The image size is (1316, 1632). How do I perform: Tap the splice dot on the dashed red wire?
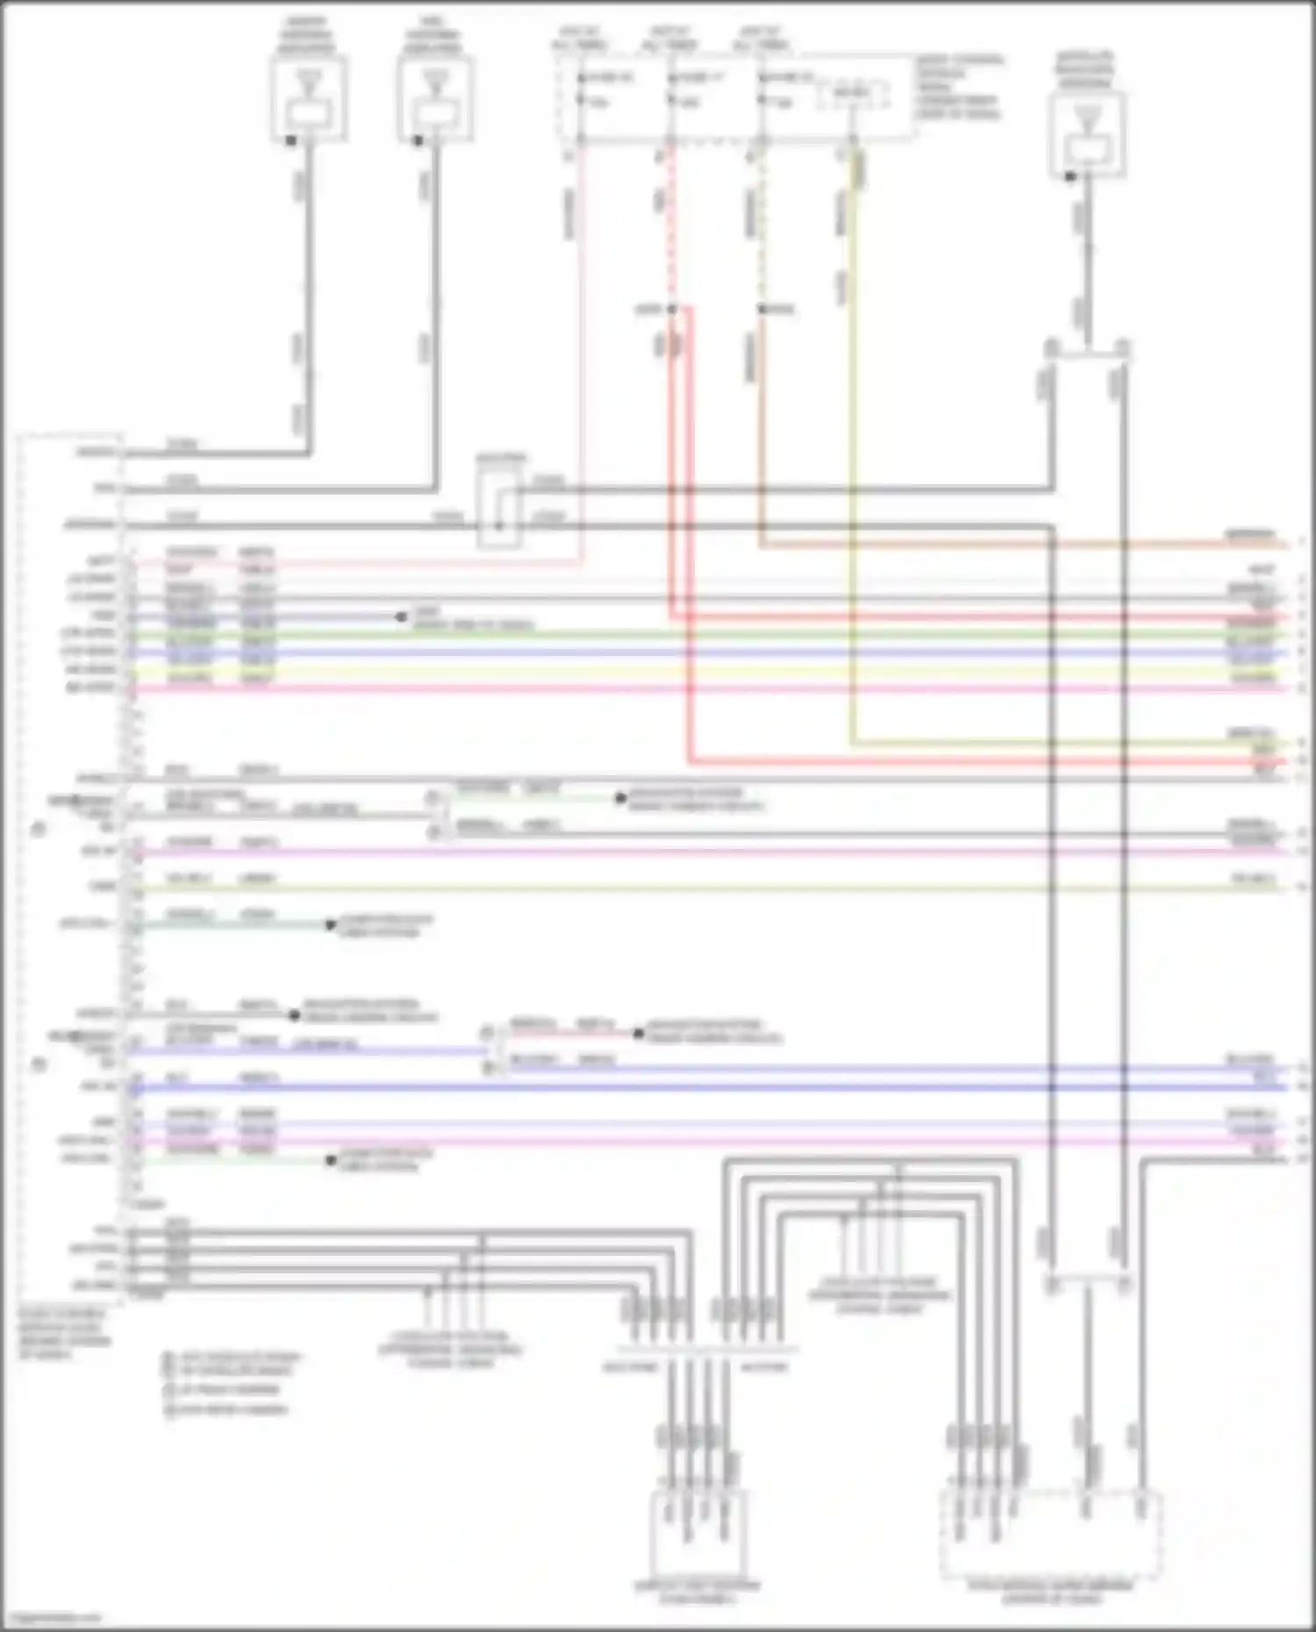[671, 310]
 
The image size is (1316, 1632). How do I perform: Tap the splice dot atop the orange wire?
[762, 310]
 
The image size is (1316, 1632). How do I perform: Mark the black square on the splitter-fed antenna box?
[1070, 177]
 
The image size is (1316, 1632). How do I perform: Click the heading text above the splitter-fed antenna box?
[1086, 69]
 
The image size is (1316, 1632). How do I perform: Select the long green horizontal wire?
[702, 634]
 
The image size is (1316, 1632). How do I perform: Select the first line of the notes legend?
[232, 1357]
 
